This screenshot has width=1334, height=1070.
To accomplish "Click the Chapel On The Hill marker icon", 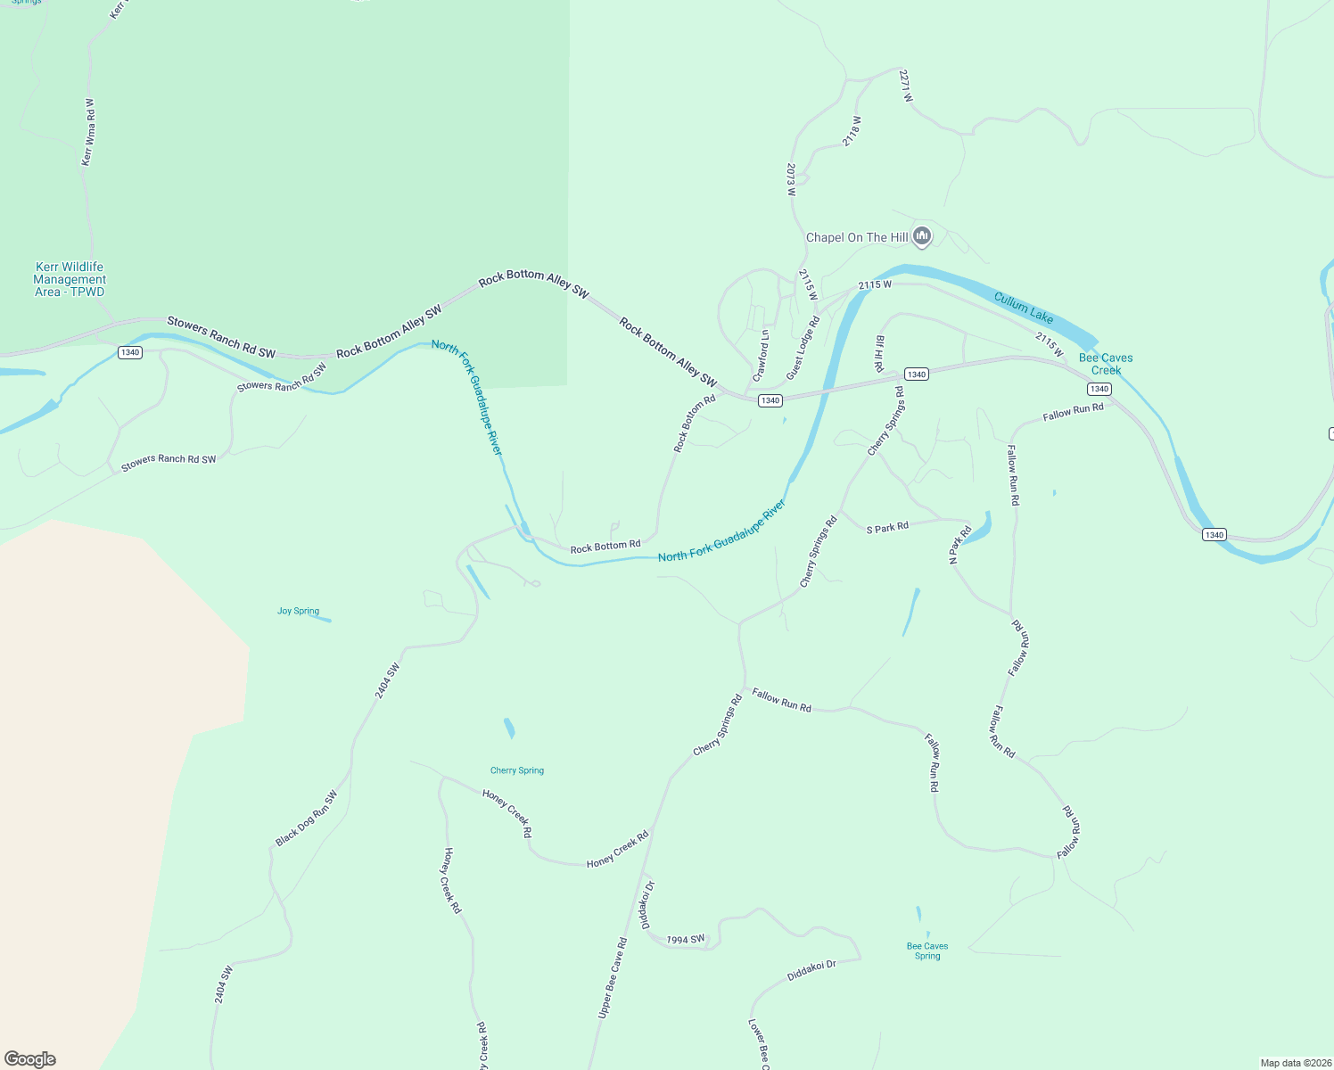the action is pos(922,236).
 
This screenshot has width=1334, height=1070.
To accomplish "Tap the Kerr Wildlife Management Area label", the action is pos(70,279).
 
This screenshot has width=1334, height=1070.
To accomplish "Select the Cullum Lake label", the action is pos(1024,308).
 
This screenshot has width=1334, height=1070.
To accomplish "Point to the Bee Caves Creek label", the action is pos(1106,364).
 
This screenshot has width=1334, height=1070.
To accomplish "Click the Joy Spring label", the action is pos(298,611).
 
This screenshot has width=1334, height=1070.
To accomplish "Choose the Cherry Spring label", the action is pos(517,770).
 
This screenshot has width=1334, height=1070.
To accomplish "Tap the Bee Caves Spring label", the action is pos(927,951).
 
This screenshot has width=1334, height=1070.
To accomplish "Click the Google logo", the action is pos(30,1058).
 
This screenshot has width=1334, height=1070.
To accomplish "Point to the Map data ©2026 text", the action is pos(1295,1063).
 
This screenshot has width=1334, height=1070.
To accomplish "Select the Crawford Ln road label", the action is pos(761,356).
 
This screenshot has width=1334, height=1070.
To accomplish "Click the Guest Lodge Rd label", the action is pos(803,348).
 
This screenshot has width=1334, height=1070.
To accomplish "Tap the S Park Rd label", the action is pos(887,528).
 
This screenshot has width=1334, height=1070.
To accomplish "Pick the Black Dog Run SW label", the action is pos(307,818).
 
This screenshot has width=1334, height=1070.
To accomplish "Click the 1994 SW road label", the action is pos(686,939).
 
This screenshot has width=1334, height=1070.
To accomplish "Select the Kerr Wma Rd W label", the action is pos(87,132).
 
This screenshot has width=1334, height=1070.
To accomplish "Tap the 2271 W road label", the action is pos(906,86).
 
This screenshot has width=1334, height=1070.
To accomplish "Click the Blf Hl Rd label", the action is pos(879,353).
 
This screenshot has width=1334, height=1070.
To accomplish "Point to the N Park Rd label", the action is pos(960,545).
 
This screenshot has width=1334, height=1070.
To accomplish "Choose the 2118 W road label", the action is pos(852,131).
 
